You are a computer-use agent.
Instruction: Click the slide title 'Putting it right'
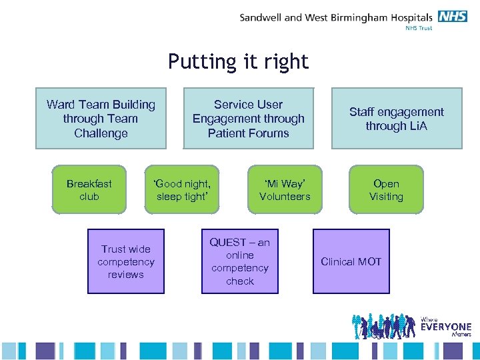238,61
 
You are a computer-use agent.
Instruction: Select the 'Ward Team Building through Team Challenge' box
101,118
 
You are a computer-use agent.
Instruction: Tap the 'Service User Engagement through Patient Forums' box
248,118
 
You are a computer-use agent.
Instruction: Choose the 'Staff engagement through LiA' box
397,118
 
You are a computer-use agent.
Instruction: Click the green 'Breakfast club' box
89,189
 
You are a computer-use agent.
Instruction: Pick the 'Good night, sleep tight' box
183,189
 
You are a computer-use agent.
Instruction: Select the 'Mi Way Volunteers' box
285,189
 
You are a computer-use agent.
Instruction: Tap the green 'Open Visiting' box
386,189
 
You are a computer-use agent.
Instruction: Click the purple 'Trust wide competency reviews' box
126,261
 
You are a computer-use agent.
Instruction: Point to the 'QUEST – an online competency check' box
240,261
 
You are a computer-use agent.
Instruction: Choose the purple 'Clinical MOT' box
351,261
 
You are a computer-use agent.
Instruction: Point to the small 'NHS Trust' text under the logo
419,28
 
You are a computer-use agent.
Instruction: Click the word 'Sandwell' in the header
261,17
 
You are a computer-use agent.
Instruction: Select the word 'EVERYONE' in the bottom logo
446,327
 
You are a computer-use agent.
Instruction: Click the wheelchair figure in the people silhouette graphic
378,331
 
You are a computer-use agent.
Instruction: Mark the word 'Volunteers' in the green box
285,197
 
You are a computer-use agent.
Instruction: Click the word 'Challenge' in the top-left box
101,133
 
